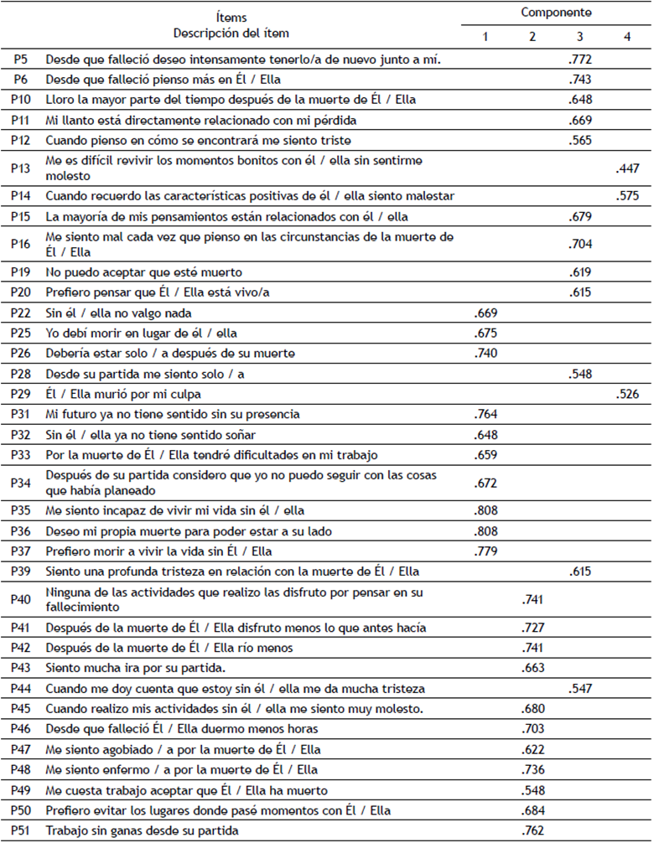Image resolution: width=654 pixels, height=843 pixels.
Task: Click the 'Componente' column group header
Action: (x=556, y=13)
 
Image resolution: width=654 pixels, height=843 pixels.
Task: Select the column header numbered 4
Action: (x=627, y=37)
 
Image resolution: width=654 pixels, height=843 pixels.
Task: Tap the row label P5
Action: (x=23, y=59)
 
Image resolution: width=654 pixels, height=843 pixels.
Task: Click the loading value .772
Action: (x=579, y=59)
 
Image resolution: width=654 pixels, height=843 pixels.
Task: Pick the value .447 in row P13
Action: (x=627, y=168)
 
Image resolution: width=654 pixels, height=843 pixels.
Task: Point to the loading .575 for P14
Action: (x=627, y=196)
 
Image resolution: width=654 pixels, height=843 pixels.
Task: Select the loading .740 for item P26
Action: (x=485, y=353)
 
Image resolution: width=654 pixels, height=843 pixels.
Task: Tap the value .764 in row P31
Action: (x=485, y=414)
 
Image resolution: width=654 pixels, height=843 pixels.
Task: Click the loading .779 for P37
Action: (x=485, y=551)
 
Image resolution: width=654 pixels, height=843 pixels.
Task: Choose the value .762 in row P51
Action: (x=532, y=830)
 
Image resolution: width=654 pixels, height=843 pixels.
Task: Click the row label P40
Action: (x=23, y=598)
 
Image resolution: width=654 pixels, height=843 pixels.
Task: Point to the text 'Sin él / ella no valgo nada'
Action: (x=119, y=313)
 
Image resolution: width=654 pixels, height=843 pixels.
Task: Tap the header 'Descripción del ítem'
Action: (x=231, y=34)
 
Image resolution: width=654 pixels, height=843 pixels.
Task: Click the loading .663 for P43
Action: (x=532, y=668)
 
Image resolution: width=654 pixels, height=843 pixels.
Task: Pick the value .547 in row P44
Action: (x=579, y=688)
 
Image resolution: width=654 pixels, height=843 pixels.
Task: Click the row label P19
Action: (x=23, y=272)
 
